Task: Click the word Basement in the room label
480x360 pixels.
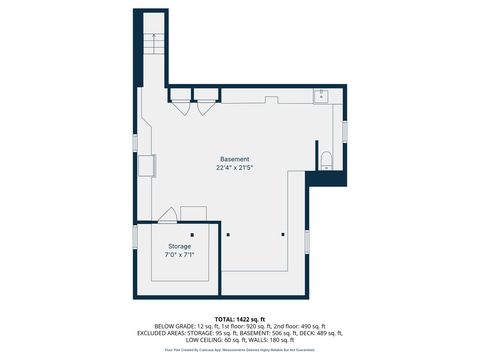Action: click(235, 159)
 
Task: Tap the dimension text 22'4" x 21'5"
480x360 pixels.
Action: click(235, 168)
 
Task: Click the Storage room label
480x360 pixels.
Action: click(179, 246)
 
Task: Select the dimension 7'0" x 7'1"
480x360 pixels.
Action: click(179, 255)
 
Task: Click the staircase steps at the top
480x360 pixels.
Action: click(152, 44)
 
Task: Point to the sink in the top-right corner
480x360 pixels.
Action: click(322, 96)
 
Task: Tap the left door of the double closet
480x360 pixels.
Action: click(183, 106)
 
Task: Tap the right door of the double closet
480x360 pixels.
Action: click(206, 106)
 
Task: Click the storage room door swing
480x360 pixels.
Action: click(168, 214)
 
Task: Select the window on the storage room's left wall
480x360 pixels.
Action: click(135, 236)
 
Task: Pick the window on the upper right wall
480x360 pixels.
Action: click(345, 130)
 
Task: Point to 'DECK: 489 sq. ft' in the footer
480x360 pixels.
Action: click(320, 333)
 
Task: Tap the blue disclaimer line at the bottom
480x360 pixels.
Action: click(239, 350)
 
